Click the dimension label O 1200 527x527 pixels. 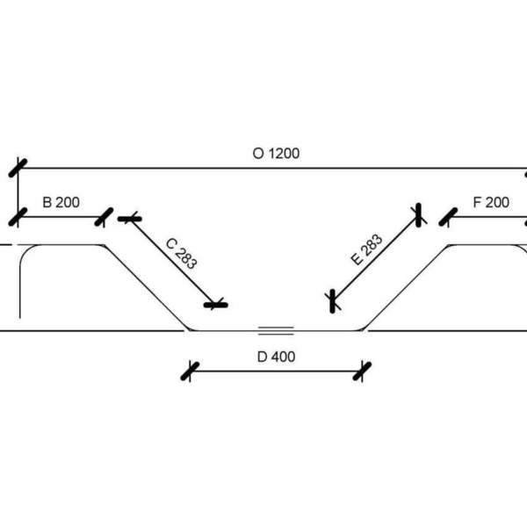(276, 153)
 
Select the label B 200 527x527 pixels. (61, 202)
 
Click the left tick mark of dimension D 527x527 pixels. (190, 371)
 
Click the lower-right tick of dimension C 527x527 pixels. (215, 305)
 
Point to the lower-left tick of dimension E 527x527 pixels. (332, 300)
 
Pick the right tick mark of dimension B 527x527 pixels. (105, 216)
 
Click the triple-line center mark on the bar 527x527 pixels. (275, 330)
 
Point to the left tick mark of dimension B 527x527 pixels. (18, 216)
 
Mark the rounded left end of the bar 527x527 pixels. (23, 263)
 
